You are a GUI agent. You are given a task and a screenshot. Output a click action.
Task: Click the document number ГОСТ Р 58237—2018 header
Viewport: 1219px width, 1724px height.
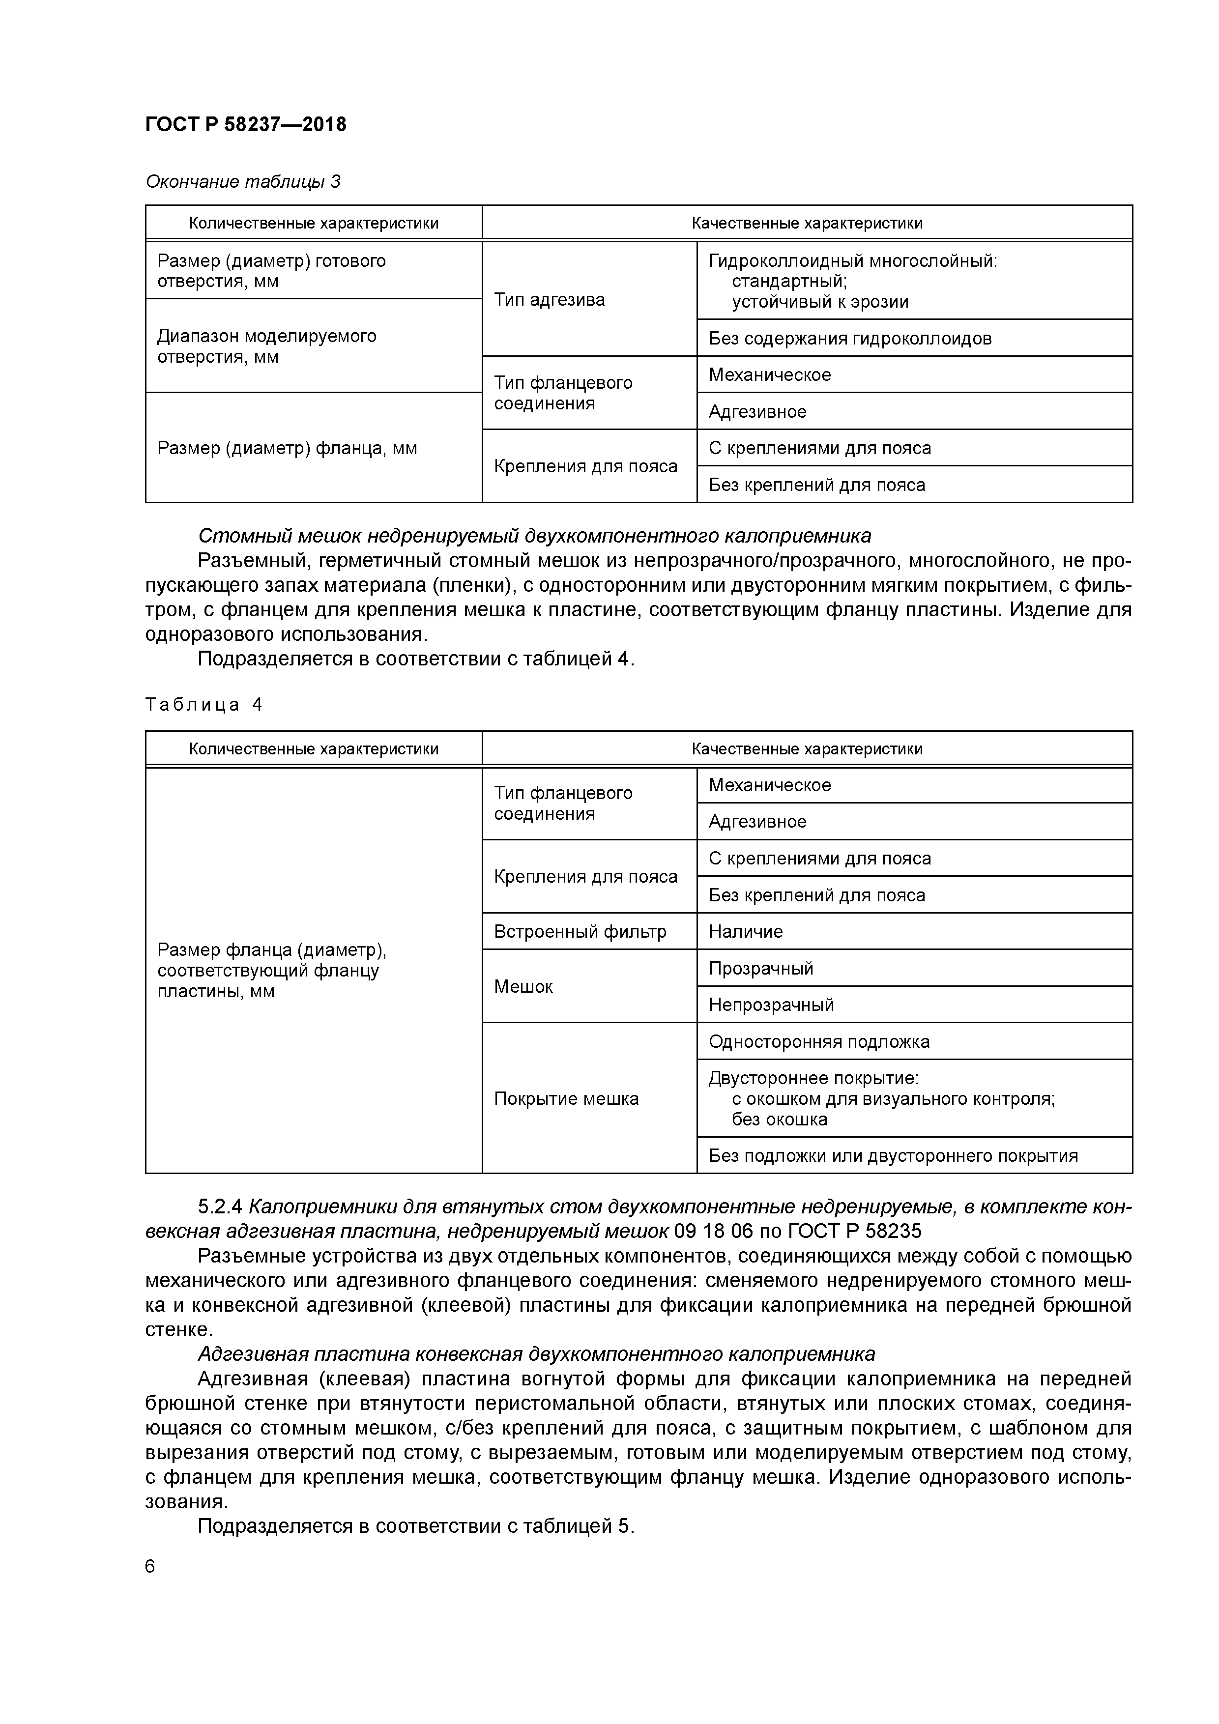(246, 125)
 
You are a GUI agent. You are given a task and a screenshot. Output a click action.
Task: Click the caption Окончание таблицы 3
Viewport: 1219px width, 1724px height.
(243, 182)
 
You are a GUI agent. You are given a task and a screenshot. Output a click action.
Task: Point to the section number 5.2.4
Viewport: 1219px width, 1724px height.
(220, 1207)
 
